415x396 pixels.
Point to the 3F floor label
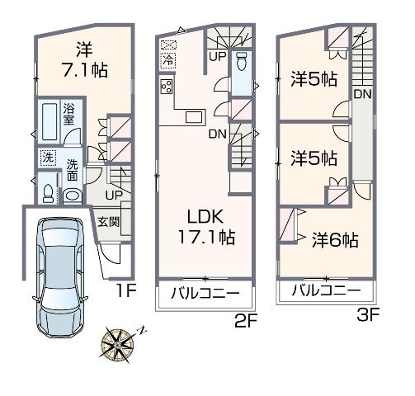(367, 313)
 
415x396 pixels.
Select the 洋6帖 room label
(334, 240)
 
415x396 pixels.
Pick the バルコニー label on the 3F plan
(327, 291)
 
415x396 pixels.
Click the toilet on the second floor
(242, 62)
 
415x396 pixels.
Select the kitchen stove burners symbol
(167, 87)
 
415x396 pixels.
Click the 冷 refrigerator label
(167, 60)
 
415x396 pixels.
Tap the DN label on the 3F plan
(361, 94)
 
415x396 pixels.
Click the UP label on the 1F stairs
(113, 196)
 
